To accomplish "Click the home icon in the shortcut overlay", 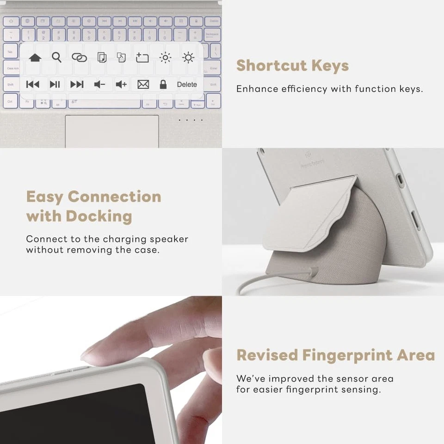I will point(35,58).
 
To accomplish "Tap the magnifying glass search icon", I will point(56,57).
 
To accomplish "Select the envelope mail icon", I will point(143,85).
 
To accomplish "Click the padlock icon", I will point(163,85).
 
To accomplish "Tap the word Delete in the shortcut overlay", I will point(187,85).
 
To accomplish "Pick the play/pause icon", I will point(55,85).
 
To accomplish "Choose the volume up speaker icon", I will point(121,85).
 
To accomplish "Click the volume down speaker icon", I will point(99,85).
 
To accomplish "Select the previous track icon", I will point(32,85).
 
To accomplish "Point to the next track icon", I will point(77,85).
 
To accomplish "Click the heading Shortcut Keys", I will point(292,66).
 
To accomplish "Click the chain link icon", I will point(79,57).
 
